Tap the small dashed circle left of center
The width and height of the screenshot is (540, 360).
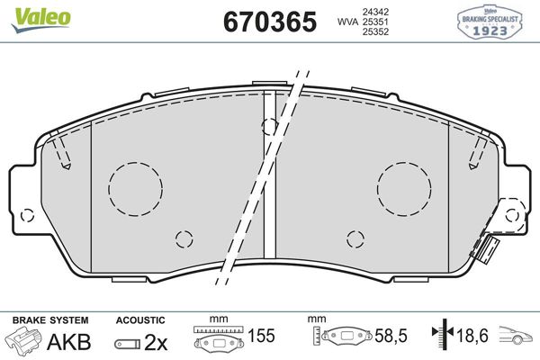pyautogui.click(x=184, y=238)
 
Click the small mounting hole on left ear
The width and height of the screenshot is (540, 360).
pyautogui.click(x=28, y=216)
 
